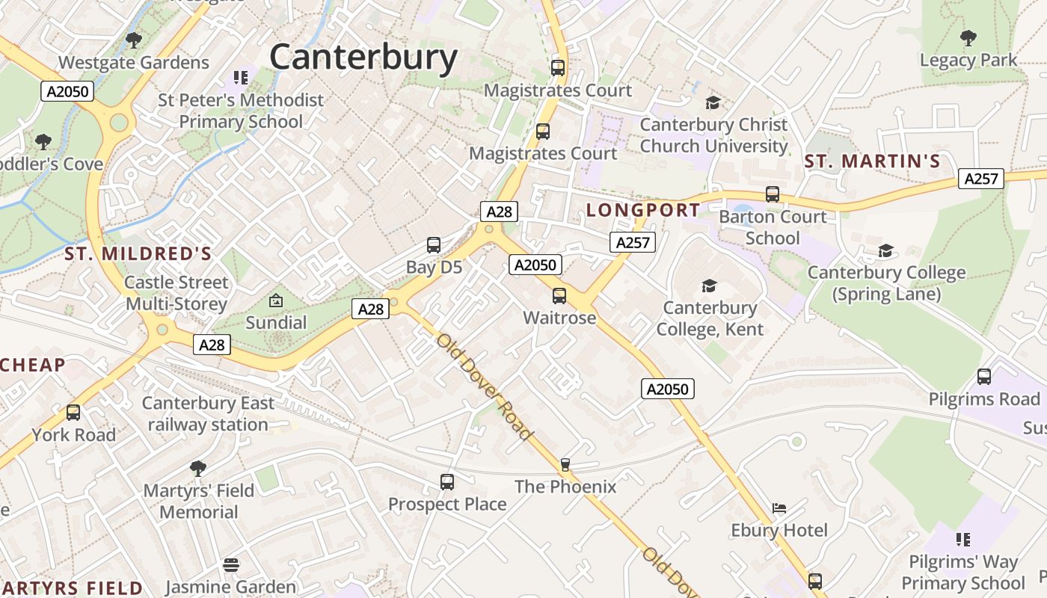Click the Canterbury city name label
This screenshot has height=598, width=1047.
tap(363, 58)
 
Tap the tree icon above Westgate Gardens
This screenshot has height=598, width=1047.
tap(134, 40)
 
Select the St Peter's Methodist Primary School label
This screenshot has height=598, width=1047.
tap(241, 111)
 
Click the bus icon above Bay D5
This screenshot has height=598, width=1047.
tap(434, 245)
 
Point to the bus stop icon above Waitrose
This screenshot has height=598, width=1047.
tap(559, 296)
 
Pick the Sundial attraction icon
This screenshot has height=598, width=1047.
tap(276, 301)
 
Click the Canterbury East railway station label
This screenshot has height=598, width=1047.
tap(208, 414)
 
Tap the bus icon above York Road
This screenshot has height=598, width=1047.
tap(73, 413)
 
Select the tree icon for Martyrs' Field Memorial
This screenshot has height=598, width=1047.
tap(198, 469)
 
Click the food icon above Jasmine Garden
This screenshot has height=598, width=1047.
tap(231, 565)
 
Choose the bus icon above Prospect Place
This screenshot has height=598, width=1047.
tap(447, 482)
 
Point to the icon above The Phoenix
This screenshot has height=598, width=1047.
tap(565, 465)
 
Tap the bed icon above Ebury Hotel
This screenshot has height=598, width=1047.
tap(779, 508)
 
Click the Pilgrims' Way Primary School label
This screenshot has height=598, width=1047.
tap(962, 573)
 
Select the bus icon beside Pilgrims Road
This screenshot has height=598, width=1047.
tap(984, 377)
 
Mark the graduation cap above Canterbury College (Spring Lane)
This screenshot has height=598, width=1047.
tap(886, 250)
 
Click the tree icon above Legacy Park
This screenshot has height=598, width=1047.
tap(968, 37)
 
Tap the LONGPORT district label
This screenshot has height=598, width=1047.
tap(643, 210)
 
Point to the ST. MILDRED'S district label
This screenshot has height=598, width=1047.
tap(138, 254)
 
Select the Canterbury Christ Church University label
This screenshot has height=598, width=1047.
tap(713, 135)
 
